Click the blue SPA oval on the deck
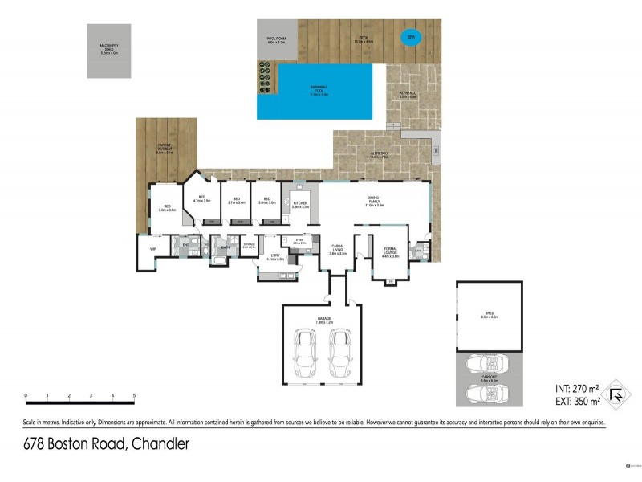coord(411,37)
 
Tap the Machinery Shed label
coord(109,48)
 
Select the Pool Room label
coord(277,39)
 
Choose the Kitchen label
coord(300,205)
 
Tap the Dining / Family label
coord(375,204)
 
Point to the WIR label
coord(152,249)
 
